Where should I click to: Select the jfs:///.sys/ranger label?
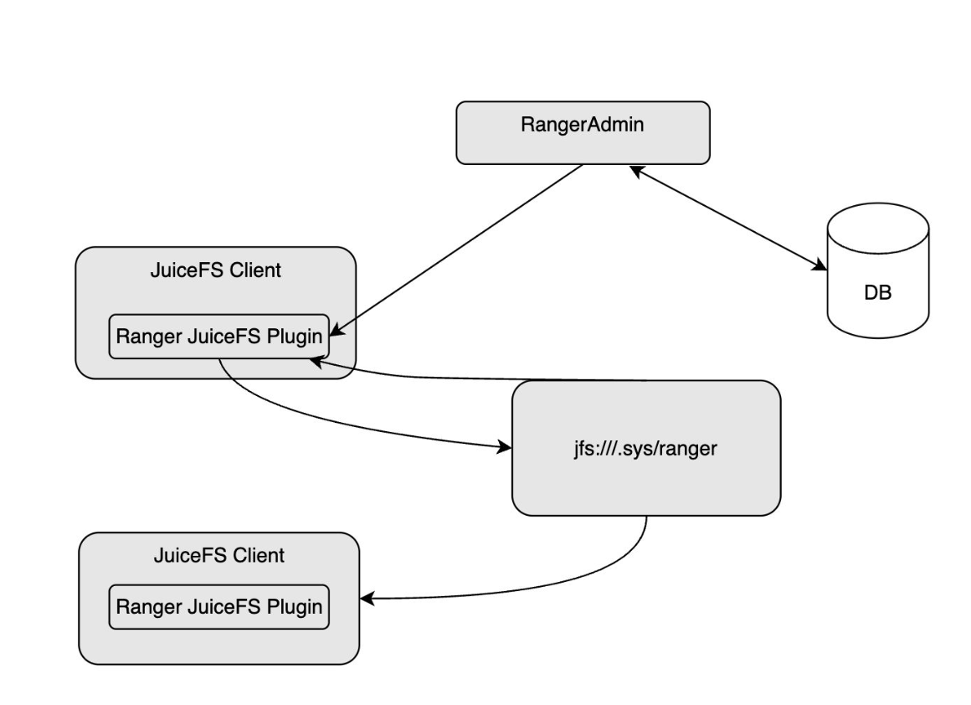[645, 448]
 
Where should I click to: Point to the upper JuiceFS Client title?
[215, 271]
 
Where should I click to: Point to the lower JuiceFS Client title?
[218, 555]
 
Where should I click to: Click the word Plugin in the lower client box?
[294, 606]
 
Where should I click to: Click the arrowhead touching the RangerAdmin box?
[636, 170]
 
